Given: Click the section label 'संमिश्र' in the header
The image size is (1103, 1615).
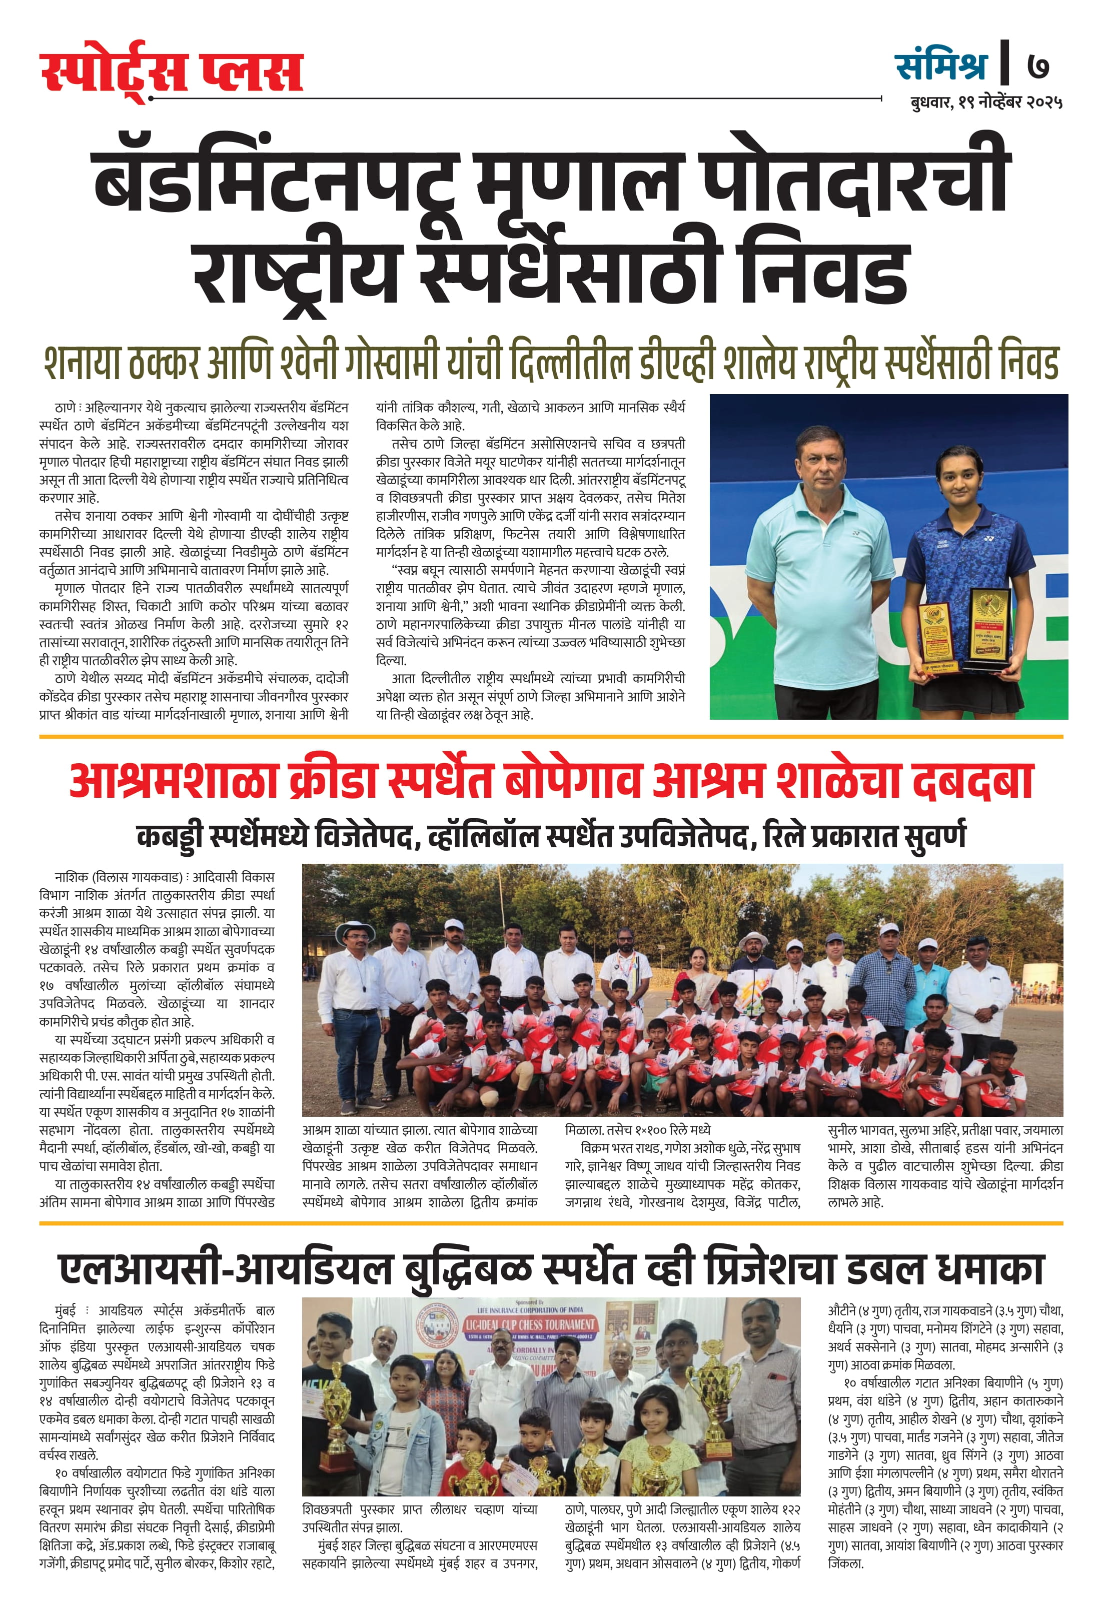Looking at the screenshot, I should tap(941, 66).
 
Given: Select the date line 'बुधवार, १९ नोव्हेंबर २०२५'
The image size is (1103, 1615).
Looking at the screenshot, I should tap(986, 102).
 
